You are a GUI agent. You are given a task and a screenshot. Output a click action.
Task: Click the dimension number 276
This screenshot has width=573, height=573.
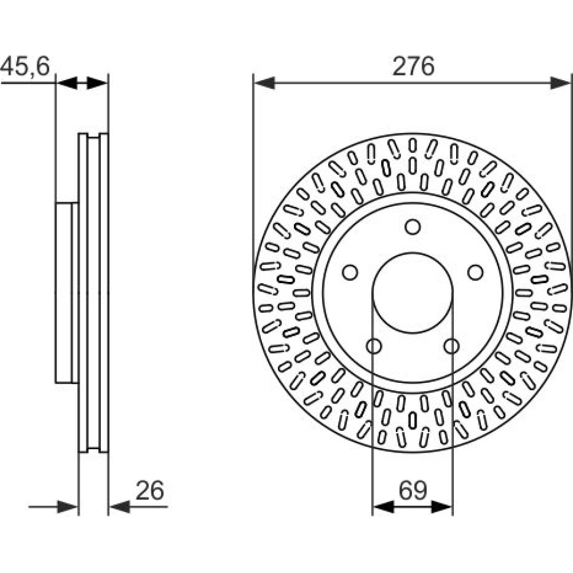(413, 66)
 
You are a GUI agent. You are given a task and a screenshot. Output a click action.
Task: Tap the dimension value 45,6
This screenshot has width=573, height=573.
(25, 66)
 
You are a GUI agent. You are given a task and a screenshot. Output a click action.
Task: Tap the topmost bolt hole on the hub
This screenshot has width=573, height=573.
(413, 227)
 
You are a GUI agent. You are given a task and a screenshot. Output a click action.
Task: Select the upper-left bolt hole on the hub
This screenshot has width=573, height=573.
(350, 272)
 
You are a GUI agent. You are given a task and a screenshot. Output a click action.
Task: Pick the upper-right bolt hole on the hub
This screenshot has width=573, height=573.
(476, 272)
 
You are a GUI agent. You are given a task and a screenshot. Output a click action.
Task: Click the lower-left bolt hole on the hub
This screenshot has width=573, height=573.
(374, 346)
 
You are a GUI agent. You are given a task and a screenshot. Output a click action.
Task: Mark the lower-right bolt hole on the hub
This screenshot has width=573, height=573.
(452, 346)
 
